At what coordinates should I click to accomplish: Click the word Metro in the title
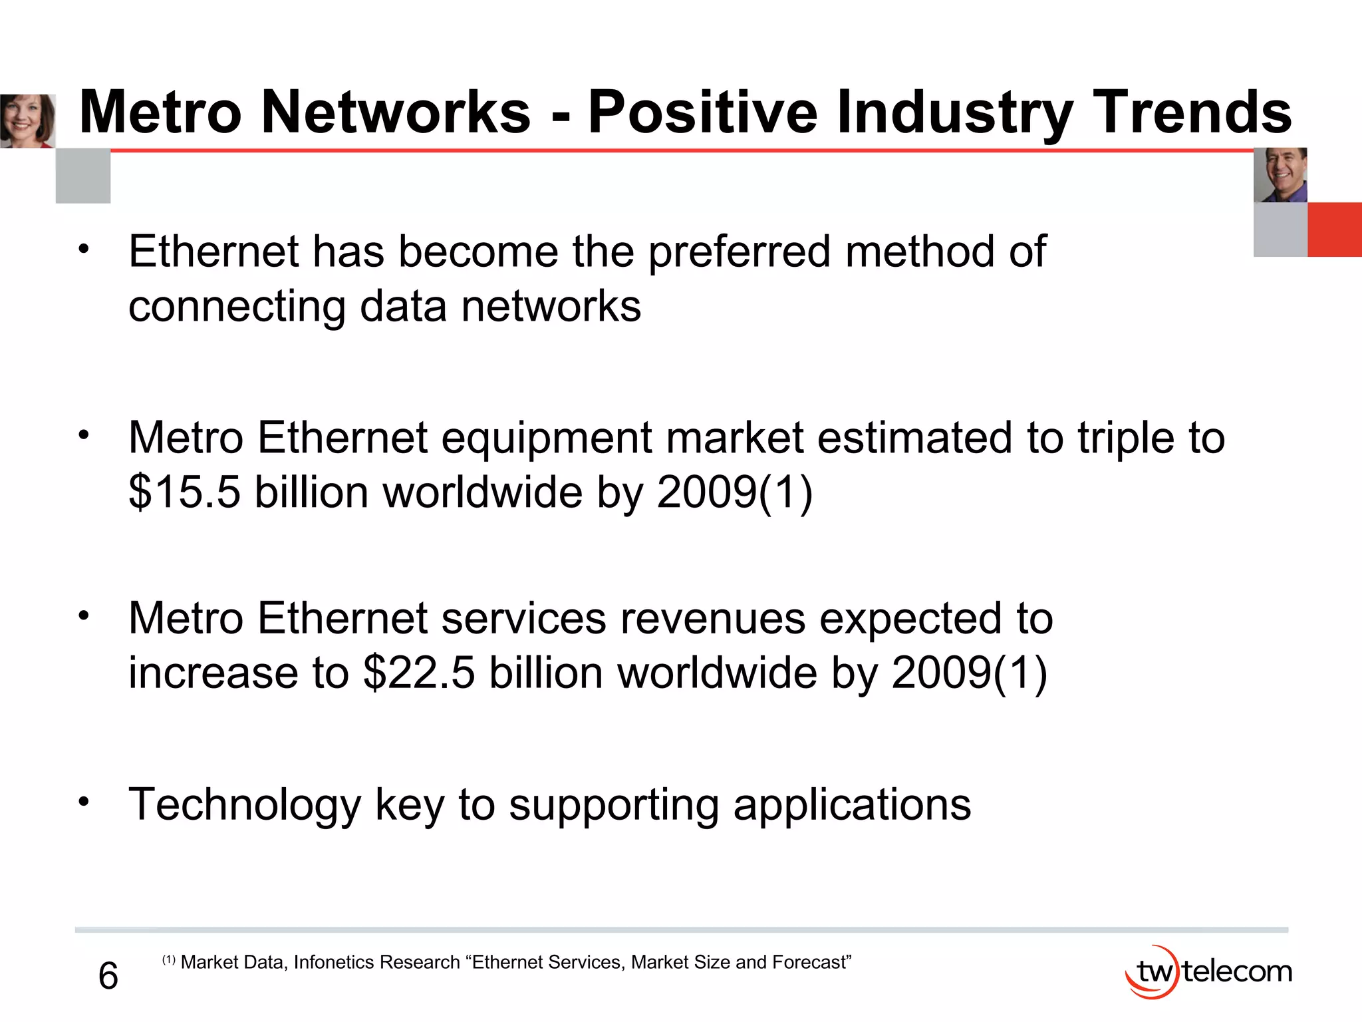click(160, 112)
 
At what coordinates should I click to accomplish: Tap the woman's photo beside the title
click(27, 121)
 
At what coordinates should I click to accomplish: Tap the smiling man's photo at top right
click(1280, 175)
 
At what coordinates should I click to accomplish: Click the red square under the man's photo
click(1334, 230)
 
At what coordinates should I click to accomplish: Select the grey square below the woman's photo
click(83, 176)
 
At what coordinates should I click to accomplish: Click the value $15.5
click(184, 492)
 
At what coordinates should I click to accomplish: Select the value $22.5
click(419, 673)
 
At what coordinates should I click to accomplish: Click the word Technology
click(245, 806)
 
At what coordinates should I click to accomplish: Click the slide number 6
click(108, 976)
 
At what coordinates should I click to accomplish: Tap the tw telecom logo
click(1208, 972)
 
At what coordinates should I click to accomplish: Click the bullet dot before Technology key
click(83, 801)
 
